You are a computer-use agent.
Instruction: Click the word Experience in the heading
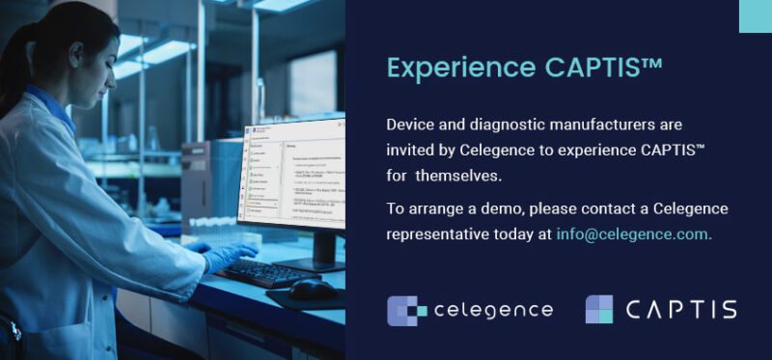pyautogui.click(x=447, y=69)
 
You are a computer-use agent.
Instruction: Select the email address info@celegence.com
pyautogui.click(x=634, y=234)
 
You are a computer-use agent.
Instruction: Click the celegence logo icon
pyautogui.click(x=407, y=310)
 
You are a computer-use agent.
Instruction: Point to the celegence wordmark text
pyautogui.click(x=493, y=310)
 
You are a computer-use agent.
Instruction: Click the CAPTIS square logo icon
pyautogui.click(x=599, y=309)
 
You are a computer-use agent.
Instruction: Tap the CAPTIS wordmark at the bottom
pyautogui.click(x=681, y=310)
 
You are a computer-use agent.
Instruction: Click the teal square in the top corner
pyautogui.click(x=755, y=16)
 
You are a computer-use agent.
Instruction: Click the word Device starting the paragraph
pyautogui.click(x=409, y=125)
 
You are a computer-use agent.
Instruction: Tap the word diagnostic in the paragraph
pyautogui.click(x=504, y=125)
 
